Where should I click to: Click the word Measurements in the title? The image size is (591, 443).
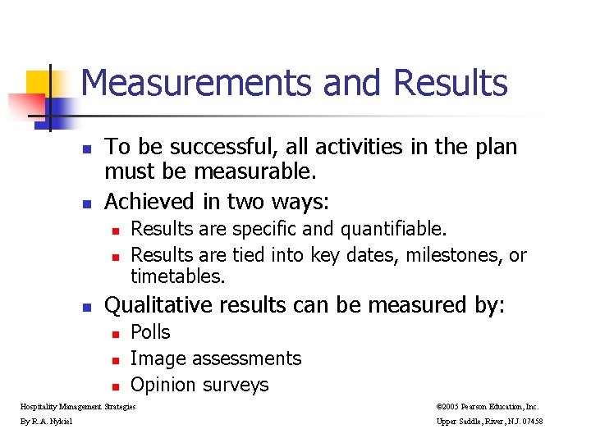196,84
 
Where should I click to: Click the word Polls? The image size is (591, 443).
150,332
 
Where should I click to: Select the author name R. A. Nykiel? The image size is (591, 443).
53,422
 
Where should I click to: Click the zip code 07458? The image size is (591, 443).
529,422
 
